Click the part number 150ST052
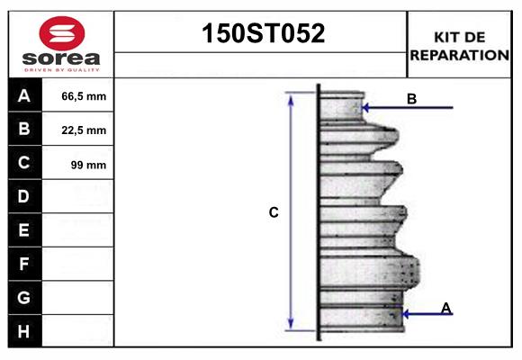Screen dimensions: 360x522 [261, 34]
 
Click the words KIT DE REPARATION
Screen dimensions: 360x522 [459, 46]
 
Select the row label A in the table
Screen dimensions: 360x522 [24, 95]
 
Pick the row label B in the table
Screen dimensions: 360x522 [24, 130]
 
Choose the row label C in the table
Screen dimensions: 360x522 [24, 163]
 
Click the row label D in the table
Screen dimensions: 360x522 [24, 196]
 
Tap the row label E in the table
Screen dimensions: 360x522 [24, 230]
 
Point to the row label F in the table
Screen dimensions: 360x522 [24, 264]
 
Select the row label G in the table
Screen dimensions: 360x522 [24, 297]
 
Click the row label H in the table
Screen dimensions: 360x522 [24, 331]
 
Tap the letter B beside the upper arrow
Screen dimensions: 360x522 [411, 99]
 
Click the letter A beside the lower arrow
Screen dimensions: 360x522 [445, 309]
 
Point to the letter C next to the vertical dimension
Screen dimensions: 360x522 [274, 213]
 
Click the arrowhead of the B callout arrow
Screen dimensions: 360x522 [365, 108]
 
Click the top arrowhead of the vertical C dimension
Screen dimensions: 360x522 [291, 97]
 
